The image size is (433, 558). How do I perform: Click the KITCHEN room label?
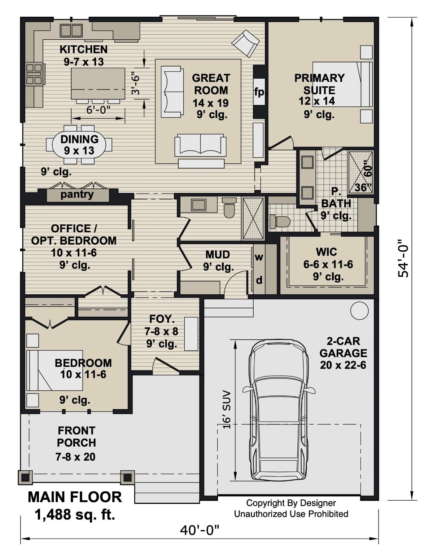click(83, 49)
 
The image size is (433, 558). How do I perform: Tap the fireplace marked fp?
click(259, 92)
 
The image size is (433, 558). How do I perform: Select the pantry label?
click(77, 195)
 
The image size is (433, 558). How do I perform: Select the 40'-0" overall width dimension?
click(200, 530)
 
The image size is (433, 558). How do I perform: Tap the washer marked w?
click(259, 257)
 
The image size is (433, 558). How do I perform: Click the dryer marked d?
click(259, 280)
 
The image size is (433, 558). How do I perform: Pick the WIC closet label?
click(327, 252)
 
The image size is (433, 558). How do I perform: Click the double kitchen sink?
click(71, 30)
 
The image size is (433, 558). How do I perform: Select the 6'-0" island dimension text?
click(98, 110)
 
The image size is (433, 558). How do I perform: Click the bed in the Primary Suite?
click(342, 84)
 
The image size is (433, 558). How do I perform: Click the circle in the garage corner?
click(359, 311)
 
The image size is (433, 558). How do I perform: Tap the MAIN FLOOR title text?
click(75, 497)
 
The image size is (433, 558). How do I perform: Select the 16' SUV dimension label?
click(227, 409)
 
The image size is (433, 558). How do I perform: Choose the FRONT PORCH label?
click(76, 436)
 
